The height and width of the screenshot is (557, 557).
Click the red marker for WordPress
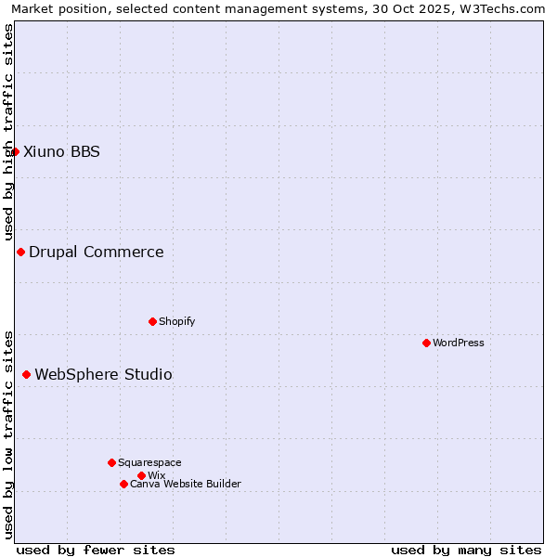point(426,343)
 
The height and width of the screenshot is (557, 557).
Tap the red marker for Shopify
point(152,321)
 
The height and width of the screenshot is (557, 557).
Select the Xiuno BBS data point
point(15,151)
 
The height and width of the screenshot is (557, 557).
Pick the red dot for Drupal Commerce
point(20,252)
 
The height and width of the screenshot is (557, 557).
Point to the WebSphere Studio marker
point(26,374)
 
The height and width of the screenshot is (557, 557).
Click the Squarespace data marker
point(111,462)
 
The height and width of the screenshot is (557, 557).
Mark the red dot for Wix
point(141,475)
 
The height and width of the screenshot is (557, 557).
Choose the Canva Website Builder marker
point(123,484)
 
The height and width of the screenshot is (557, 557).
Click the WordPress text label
point(459,343)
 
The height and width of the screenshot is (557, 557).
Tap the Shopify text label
point(177,321)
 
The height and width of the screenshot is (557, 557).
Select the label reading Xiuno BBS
point(61,151)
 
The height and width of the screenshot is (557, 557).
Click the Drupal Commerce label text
point(97,252)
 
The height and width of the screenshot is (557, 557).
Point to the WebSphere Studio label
point(103,374)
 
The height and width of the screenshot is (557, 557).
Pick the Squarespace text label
point(149,462)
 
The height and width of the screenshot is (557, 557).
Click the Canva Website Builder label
point(186,484)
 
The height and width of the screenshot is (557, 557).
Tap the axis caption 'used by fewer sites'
point(96,550)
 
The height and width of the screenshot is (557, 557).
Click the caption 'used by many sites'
point(466,550)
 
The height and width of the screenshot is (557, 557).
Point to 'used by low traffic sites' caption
point(8,434)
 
